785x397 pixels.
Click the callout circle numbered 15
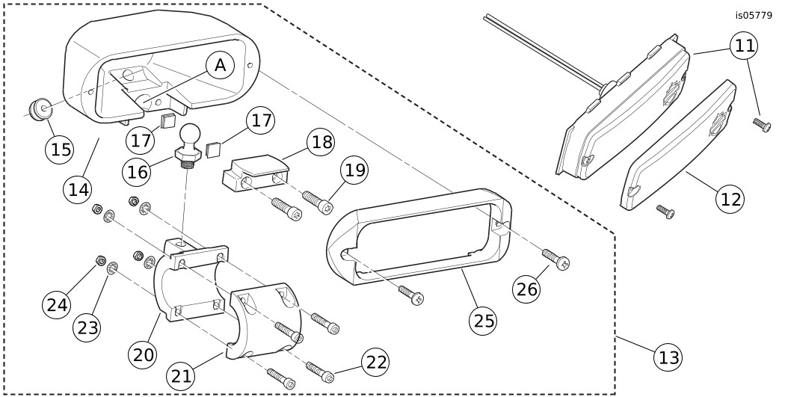tap(60, 148)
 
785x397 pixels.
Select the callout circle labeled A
tap(220, 66)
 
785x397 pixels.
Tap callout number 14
tap(80, 189)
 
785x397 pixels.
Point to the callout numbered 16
tap(137, 170)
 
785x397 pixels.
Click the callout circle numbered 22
tap(375, 362)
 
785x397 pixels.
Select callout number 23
tap(87, 326)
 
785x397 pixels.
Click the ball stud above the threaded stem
tap(188, 135)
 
